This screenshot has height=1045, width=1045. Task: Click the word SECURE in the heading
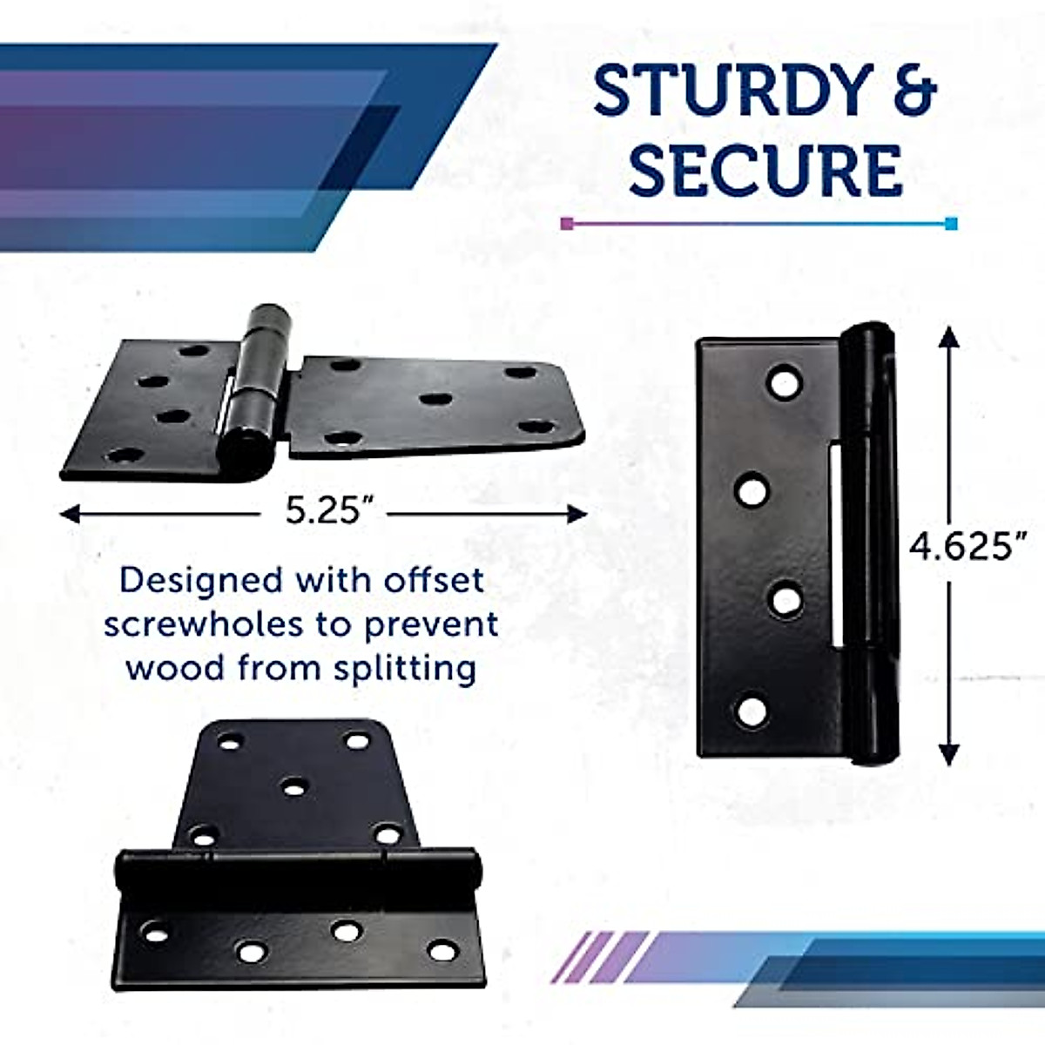tap(765, 170)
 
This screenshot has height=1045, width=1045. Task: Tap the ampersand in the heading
tap(913, 91)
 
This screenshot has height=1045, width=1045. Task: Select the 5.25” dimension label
tap(323, 511)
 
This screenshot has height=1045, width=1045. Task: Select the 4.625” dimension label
tap(962, 547)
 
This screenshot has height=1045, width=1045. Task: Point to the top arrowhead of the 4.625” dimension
tap(949, 336)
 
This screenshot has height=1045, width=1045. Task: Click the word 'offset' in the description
tap(434, 580)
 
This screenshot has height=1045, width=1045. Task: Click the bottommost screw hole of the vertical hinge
tap(752, 711)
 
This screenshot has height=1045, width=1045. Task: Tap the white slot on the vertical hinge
tap(837, 544)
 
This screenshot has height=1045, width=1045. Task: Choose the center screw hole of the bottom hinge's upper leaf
tap(295, 787)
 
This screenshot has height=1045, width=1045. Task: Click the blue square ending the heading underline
tap(951, 224)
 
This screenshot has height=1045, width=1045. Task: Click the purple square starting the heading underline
tap(568, 224)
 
